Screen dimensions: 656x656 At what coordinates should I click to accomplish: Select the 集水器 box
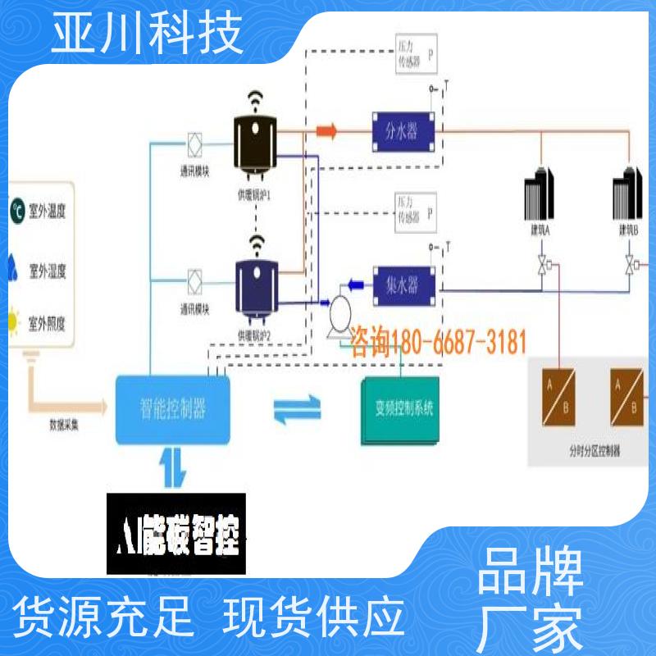click(x=401, y=284)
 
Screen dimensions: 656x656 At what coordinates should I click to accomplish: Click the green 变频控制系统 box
click(x=402, y=409)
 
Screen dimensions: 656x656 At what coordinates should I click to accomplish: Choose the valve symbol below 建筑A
click(x=541, y=265)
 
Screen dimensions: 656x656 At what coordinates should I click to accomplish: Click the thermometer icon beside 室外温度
click(x=17, y=211)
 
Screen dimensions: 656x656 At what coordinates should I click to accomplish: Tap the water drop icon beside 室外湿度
click(x=16, y=266)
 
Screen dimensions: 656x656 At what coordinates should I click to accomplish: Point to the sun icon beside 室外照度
click(x=15, y=321)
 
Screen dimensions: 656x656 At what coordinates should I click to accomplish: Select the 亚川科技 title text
click(x=147, y=34)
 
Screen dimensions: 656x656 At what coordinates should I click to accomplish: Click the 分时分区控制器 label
click(x=594, y=450)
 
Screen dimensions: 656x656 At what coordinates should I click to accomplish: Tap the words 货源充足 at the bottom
click(x=106, y=613)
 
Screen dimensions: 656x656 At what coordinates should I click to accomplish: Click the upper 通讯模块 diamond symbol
click(x=196, y=142)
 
